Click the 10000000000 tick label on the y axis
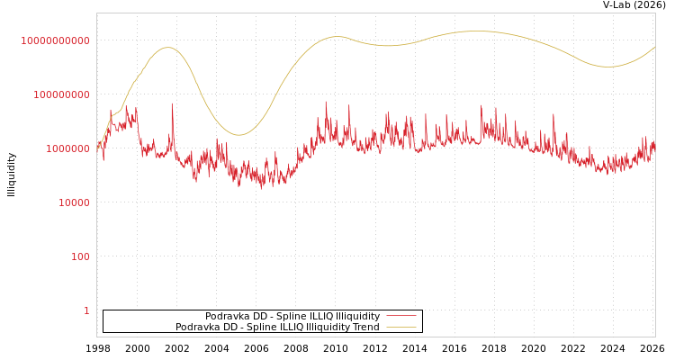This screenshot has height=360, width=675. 55,40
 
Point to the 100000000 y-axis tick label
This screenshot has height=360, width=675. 61,94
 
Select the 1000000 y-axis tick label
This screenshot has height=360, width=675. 67,148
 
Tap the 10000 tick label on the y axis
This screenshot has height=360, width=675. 74,202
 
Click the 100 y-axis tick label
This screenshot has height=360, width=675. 80,256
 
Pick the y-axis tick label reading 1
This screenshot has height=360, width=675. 86,310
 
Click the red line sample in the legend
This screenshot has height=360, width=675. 400,316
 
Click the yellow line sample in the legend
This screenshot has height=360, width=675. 400,327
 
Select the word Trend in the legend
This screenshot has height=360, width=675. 365,327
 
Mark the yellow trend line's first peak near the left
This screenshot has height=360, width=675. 167,47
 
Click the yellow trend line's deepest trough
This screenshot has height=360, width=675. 238,135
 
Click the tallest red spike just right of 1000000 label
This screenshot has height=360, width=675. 172,103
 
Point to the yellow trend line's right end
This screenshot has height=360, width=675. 654,47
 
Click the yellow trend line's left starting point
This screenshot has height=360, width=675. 97,146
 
